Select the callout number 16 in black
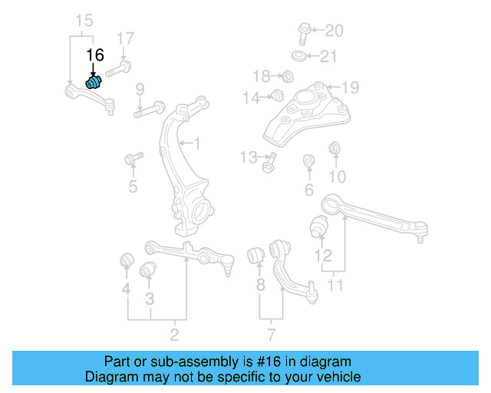pyautogui.click(x=94, y=54)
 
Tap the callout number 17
pyautogui.click(x=125, y=38)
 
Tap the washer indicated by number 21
pyautogui.click(x=296, y=56)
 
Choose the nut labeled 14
pyautogui.click(x=278, y=97)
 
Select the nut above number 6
pyautogui.click(x=309, y=161)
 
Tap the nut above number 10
pyautogui.click(x=334, y=148)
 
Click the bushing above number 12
pyautogui.click(x=319, y=227)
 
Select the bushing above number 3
pyautogui.click(x=147, y=270)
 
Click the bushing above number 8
pyautogui.click(x=259, y=255)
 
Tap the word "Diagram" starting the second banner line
pyautogui.click(x=107, y=377)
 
